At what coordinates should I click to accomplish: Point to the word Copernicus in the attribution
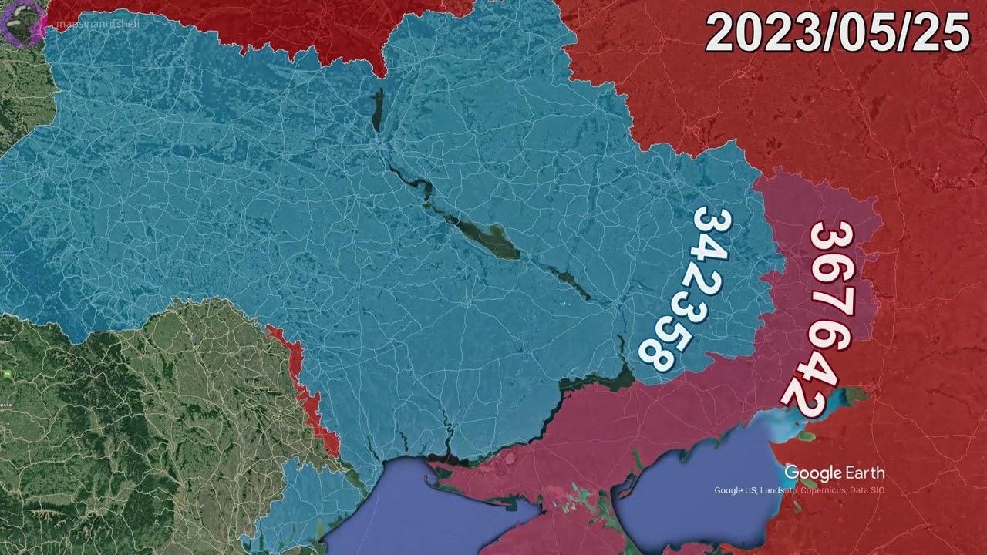pos(823,491)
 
